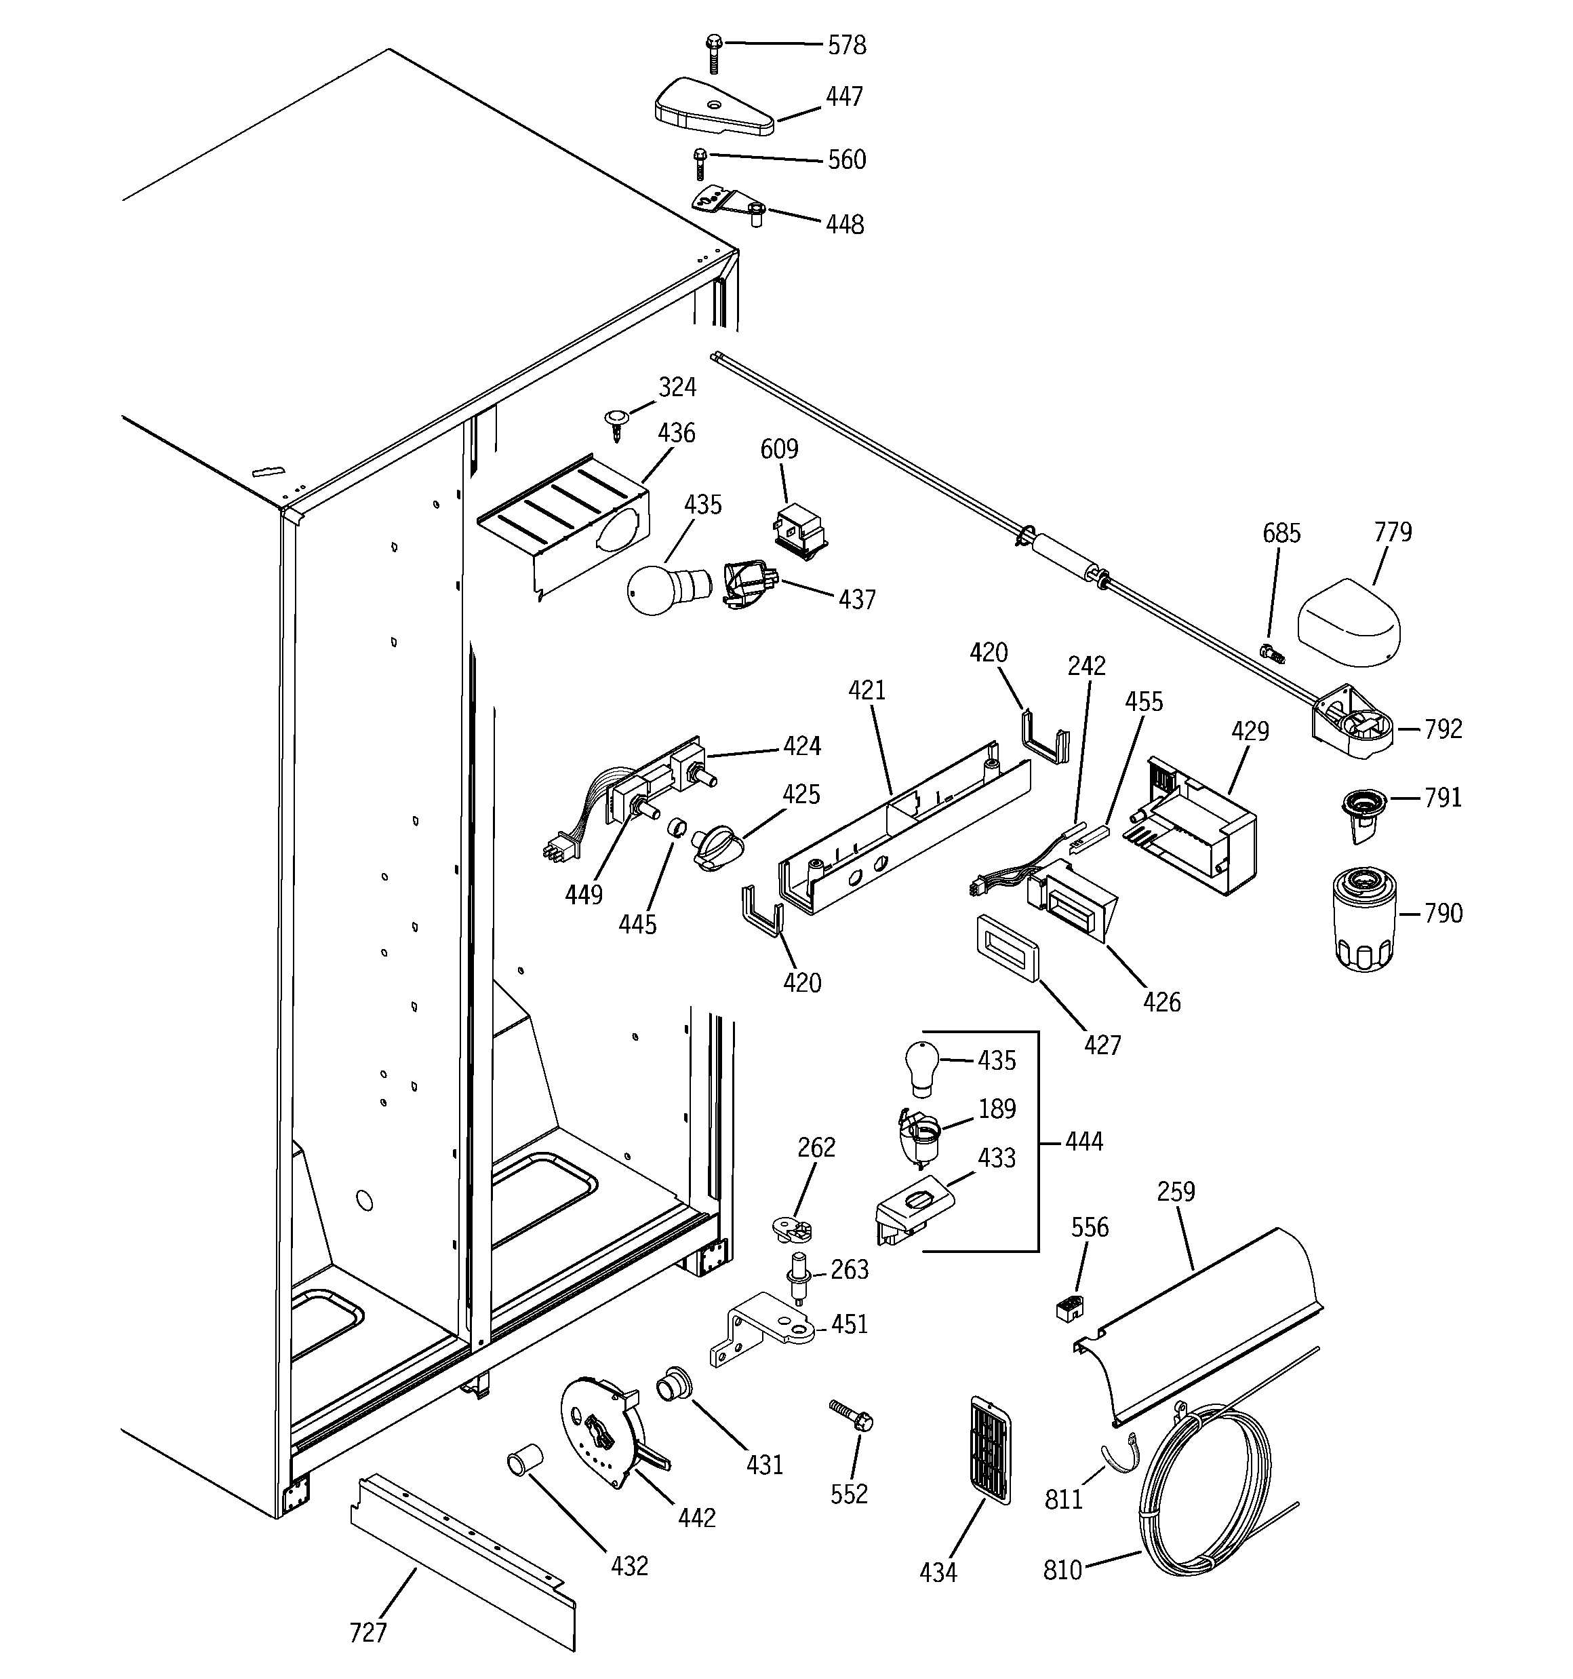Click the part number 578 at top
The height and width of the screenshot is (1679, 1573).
(x=846, y=45)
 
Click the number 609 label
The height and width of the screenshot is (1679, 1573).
(x=778, y=448)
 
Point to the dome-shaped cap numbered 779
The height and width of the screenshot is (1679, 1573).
(x=1348, y=623)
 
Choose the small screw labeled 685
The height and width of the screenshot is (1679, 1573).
(x=1271, y=651)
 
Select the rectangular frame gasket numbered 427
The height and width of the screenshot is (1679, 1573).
(x=1008, y=949)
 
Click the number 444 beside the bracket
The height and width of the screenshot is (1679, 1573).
(x=1083, y=1142)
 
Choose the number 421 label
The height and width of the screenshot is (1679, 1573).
(x=867, y=690)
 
